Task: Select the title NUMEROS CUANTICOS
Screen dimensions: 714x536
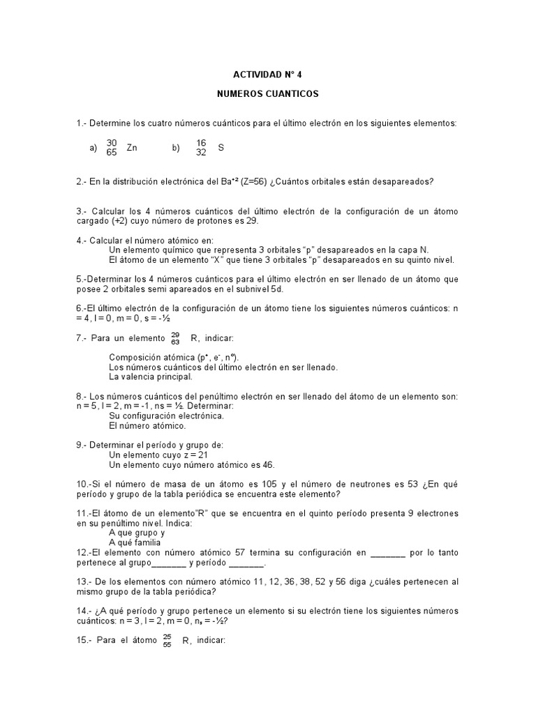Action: (268, 92)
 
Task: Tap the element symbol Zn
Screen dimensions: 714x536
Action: (132, 148)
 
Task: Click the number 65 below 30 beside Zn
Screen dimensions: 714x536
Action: (112, 153)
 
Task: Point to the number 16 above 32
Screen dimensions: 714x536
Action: (202, 143)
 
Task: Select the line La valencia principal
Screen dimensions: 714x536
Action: (150, 377)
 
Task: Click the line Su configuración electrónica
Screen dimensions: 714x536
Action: (166, 416)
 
